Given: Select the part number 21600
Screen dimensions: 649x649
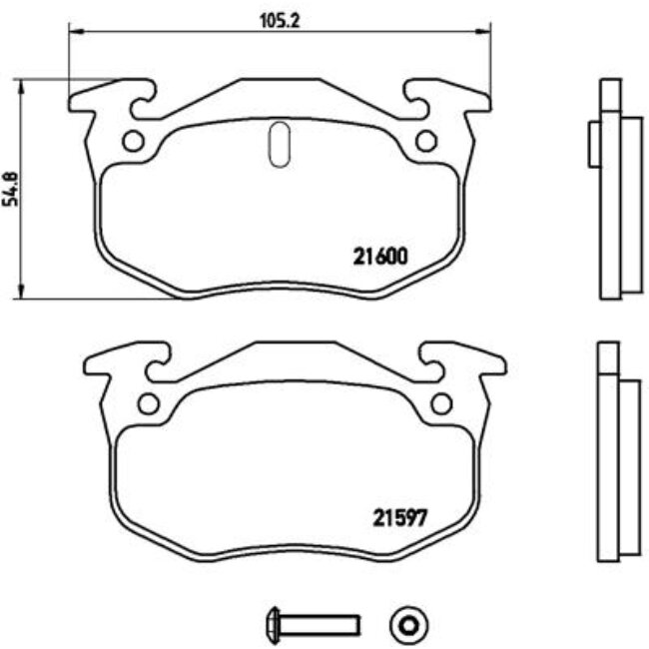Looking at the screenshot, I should coord(380,256).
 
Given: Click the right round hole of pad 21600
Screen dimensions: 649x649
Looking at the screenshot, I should coord(426,142).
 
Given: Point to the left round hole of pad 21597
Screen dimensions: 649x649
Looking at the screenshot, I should coord(148,404).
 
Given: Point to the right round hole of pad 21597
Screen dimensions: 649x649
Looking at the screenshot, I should coord(440,404).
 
